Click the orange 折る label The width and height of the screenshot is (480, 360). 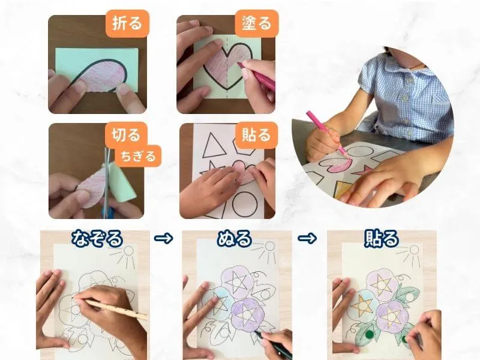(128, 23)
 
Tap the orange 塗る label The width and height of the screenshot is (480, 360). (257, 23)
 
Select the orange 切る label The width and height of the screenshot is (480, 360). (125, 134)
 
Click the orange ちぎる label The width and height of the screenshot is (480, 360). (138, 156)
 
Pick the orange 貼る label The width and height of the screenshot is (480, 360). (256, 135)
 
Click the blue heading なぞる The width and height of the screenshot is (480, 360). (97, 239)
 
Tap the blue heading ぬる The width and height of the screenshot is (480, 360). (235, 239)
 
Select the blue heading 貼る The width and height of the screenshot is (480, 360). (382, 239)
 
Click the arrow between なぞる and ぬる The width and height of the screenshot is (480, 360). (163, 238)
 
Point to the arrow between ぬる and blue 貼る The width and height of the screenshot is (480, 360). (307, 238)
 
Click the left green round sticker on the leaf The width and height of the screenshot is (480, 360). (370, 334)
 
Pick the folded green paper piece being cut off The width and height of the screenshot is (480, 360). (122, 182)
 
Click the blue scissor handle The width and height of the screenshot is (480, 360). (109, 212)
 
